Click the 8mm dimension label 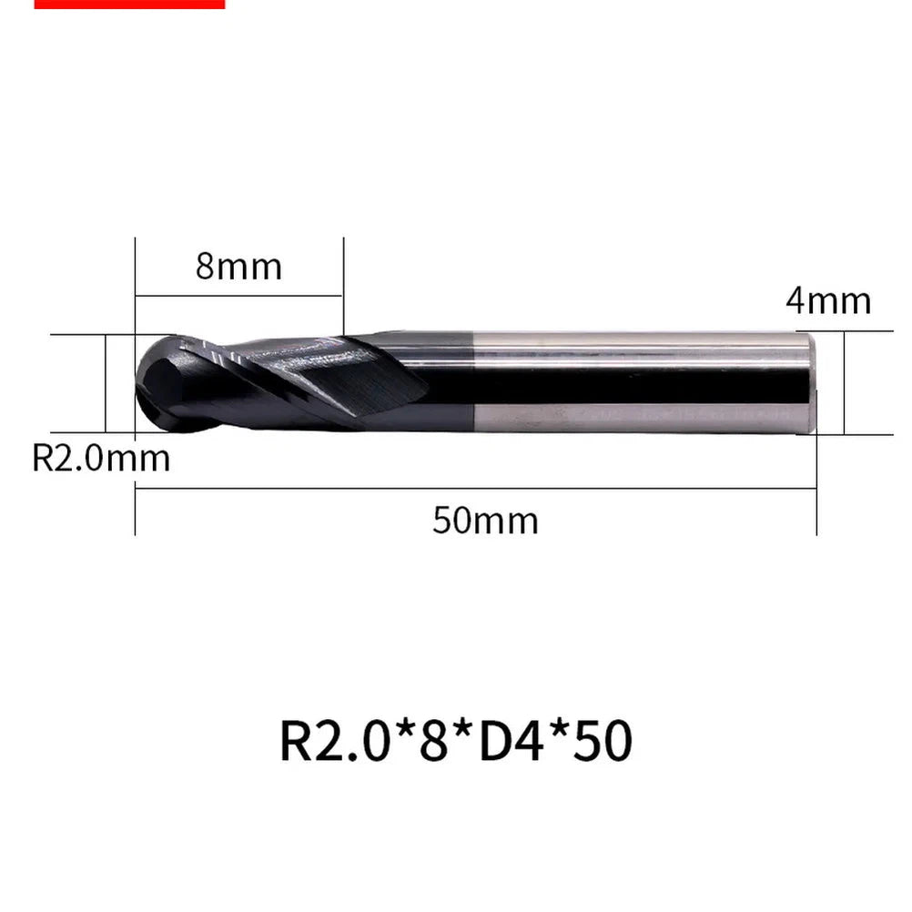click(238, 267)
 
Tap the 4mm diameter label click(828, 301)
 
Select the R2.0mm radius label click(101, 458)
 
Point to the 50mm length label click(485, 521)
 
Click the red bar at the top click(130, 4)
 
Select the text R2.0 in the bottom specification click(335, 741)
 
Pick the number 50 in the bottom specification click(603, 741)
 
